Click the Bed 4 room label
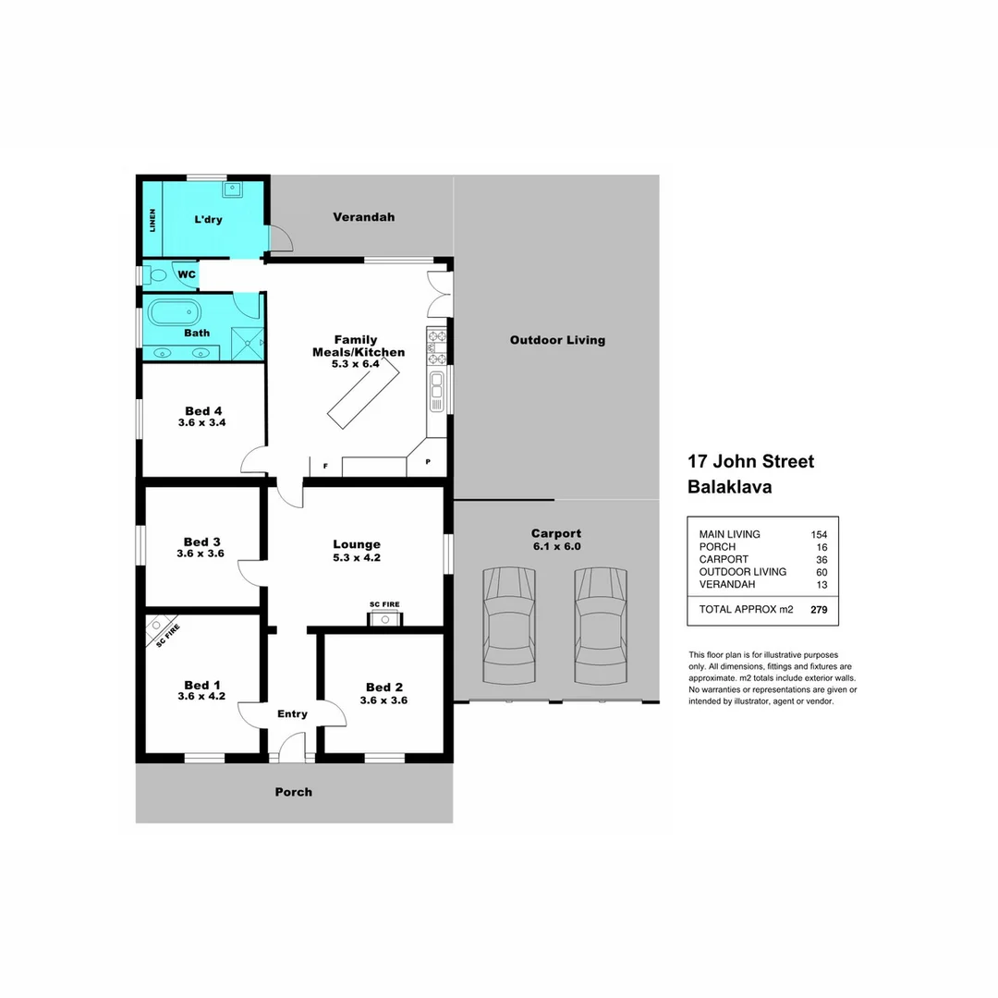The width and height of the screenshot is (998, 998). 203,411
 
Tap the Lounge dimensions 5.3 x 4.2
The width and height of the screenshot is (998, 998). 357,557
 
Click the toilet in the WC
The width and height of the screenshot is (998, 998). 156,274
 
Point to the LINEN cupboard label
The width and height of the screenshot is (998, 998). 152,220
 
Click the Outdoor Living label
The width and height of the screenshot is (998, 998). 557,340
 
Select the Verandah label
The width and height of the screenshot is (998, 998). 363,217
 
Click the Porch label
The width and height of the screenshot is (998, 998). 294,792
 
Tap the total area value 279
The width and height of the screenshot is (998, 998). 818,610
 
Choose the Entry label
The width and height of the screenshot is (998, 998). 292,713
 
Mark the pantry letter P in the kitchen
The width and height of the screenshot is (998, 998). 428,462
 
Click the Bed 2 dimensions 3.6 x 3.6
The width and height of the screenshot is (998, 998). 383,700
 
